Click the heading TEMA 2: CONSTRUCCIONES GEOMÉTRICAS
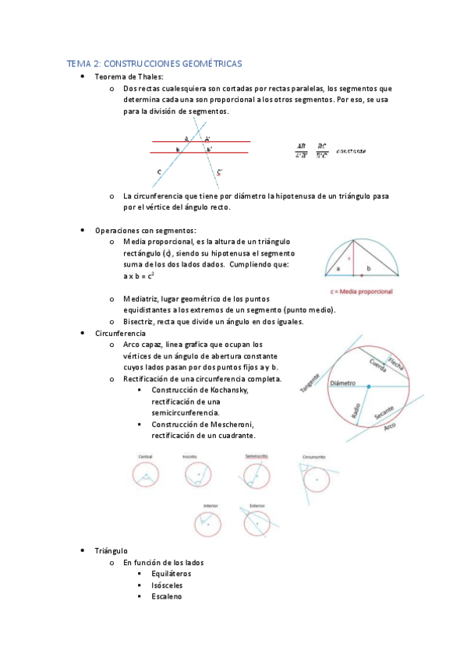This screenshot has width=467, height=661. coord(154,63)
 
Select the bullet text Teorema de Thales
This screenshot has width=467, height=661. coord(129,76)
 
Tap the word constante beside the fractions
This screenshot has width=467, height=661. coord(352,151)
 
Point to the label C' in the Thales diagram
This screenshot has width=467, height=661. coord(221,171)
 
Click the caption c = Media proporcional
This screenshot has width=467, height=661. coord(362,291)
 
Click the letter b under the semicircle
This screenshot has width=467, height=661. coord(368,268)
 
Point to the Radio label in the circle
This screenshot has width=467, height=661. coord(357,410)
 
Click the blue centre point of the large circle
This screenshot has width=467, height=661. coord(369,387)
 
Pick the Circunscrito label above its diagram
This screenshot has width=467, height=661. coord(314,456)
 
